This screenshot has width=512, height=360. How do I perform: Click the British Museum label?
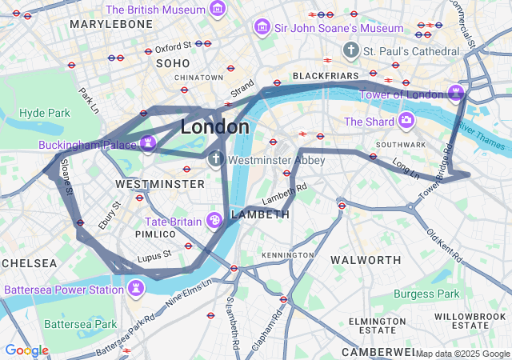click(x=155, y=10)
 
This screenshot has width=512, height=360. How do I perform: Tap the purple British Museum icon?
click(x=217, y=9)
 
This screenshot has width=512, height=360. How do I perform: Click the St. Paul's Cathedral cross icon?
click(x=350, y=51)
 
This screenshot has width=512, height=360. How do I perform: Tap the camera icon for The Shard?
click(x=406, y=121)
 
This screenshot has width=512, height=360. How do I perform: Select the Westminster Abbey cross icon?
click(x=215, y=160)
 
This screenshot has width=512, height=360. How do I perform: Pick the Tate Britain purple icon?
click(x=214, y=220)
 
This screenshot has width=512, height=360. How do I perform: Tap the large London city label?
click(x=214, y=127)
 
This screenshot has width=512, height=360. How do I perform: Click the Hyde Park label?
click(x=45, y=113)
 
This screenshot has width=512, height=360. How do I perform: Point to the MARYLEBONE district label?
click(x=110, y=25)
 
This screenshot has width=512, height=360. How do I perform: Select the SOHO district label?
click(x=173, y=63)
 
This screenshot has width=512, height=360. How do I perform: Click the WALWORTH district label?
click(x=366, y=260)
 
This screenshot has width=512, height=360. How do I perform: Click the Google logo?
click(x=26, y=350)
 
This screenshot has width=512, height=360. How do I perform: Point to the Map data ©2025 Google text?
click(x=462, y=354)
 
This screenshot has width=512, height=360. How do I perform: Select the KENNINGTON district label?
click(x=288, y=254)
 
